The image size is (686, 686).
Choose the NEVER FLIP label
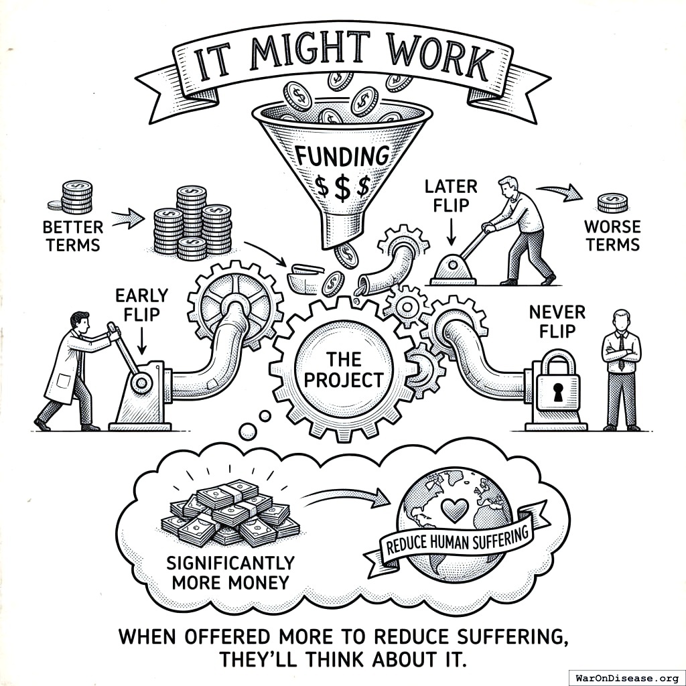coord(557,320)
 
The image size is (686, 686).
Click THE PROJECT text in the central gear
coord(344,370)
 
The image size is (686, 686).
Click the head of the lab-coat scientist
coord(80,320)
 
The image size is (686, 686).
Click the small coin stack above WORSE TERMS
coord(612,202)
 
